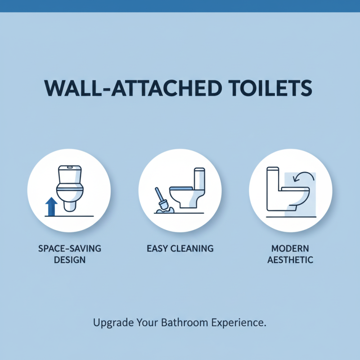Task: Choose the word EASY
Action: click(x=157, y=248)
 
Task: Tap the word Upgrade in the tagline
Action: click(x=110, y=323)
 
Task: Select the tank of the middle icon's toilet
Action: click(x=199, y=178)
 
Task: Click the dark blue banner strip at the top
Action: click(x=180, y=5)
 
